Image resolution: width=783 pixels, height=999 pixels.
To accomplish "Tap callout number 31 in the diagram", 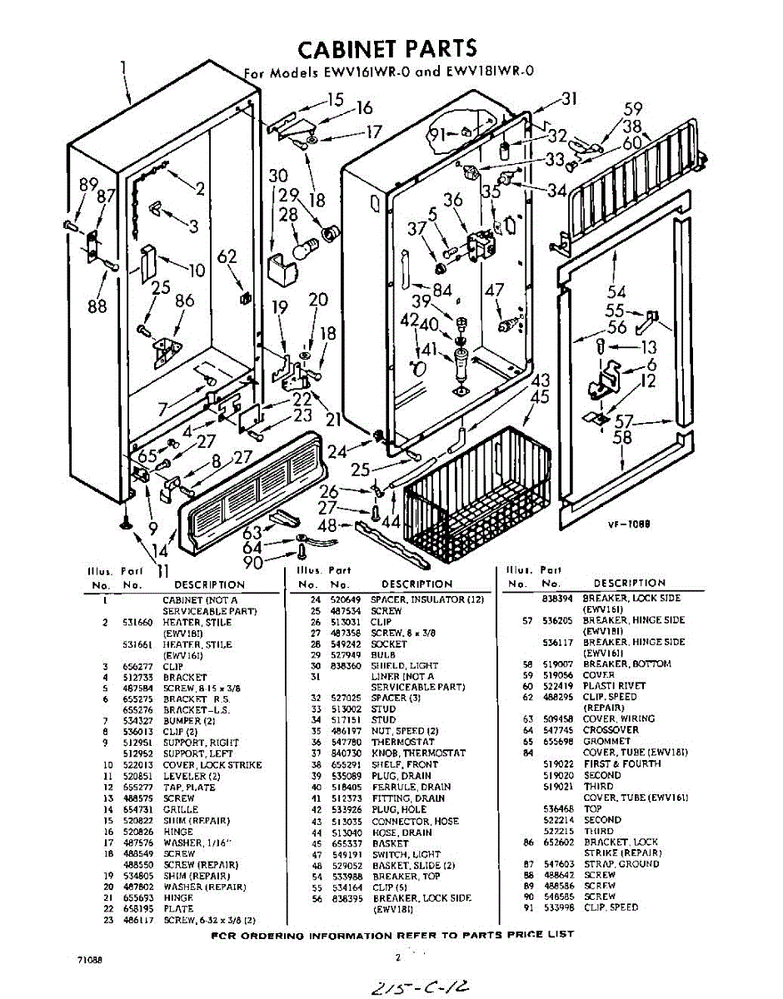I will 569,99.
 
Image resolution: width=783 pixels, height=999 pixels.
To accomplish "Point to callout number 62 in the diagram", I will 227,257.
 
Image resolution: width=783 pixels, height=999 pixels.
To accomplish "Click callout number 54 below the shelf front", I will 616,291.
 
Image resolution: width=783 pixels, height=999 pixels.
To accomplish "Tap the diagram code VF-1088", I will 629,525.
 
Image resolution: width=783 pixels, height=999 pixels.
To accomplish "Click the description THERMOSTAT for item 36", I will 402,742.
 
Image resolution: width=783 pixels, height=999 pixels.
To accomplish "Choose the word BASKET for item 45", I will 391,843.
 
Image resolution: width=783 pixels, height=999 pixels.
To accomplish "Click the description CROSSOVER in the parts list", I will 611,730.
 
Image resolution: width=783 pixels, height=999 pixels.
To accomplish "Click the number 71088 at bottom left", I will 91,960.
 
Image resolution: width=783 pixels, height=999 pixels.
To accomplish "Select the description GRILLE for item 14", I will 180,809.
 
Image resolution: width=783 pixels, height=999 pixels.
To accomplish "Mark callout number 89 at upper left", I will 88,185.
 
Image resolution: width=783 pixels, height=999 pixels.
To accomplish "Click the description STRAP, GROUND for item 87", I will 621,864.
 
